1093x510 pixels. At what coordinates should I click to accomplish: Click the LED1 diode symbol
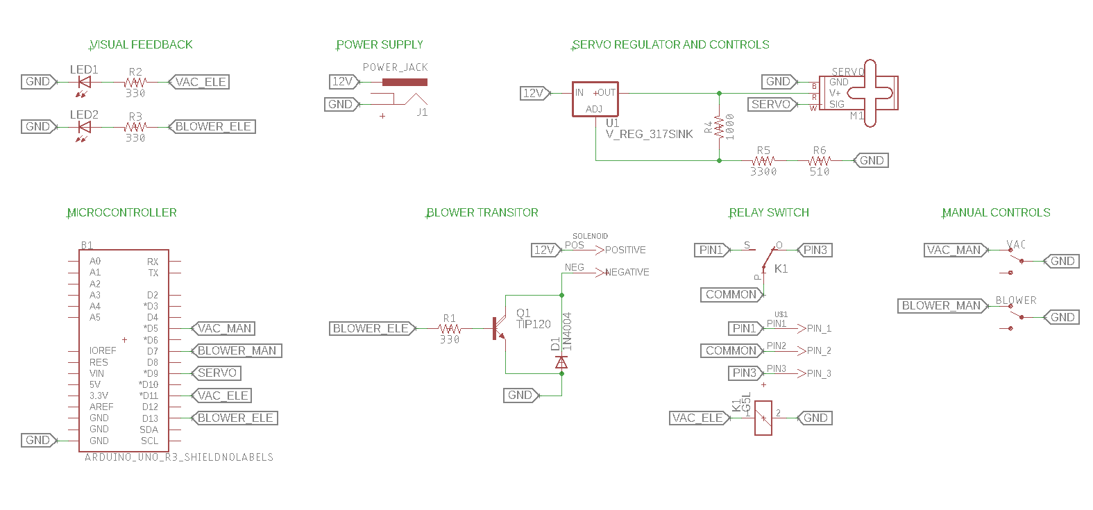coord(85,82)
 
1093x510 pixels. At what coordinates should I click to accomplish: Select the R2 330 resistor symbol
coord(135,82)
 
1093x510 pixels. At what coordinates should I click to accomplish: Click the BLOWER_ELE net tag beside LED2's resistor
coord(212,127)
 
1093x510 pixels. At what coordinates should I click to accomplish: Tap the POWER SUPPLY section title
coord(380,45)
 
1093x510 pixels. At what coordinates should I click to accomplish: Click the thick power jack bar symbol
coord(405,82)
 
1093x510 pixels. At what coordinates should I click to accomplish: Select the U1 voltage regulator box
coord(595,99)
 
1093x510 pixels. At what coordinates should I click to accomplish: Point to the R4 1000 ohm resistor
coord(720,127)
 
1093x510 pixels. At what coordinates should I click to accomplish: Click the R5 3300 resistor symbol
coord(763,160)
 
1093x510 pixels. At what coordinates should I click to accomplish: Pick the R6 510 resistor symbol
coord(820,160)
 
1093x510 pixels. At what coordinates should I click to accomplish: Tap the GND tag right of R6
coord(871,160)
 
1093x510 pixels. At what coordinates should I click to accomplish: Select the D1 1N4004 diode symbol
coord(561,362)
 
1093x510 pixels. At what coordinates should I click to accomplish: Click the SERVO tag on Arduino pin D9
coord(217,373)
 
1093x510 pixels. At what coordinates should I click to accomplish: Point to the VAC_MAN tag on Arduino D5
coord(223,328)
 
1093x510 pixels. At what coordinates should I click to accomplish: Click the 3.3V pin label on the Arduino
coord(99,396)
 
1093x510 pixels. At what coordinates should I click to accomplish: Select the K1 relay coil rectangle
coord(763,418)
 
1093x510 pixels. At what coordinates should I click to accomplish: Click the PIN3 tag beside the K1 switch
coord(815,250)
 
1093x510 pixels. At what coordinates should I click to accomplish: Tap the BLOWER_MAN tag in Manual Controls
coord(942,306)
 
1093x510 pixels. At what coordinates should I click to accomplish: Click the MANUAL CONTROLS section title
coord(996,213)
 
